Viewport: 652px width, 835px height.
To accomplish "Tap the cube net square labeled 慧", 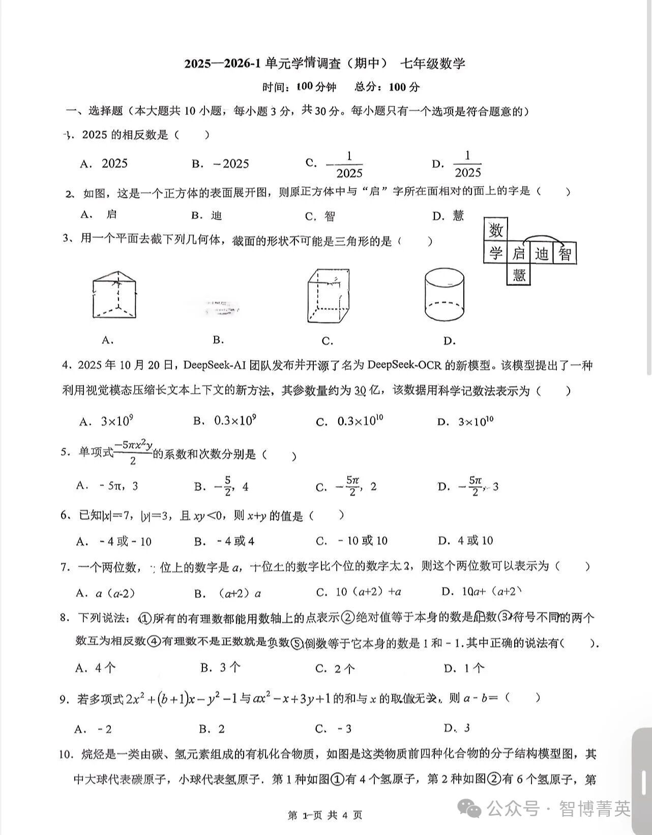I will pyautogui.click(x=519, y=275).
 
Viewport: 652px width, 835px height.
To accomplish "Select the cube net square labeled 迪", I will pyautogui.click(x=542, y=253).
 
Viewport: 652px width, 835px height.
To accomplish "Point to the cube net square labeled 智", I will pyautogui.click(x=565, y=253).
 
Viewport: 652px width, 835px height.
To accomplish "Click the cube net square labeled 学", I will pyautogui.click(x=496, y=253).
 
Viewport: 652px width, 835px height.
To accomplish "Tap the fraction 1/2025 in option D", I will pyautogui.click(x=467, y=164).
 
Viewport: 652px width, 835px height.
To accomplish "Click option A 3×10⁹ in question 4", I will pyautogui.click(x=107, y=421).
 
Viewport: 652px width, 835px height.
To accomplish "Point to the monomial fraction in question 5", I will pyautogui.click(x=133, y=452).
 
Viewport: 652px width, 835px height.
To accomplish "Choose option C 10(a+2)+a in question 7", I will pyautogui.click(x=359, y=592).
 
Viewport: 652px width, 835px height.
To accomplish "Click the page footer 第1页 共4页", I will pyautogui.click(x=325, y=815).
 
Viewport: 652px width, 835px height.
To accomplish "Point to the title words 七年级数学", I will pyautogui.click(x=432, y=64).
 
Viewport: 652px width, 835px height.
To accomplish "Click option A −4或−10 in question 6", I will pyautogui.click(x=114, y=541).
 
